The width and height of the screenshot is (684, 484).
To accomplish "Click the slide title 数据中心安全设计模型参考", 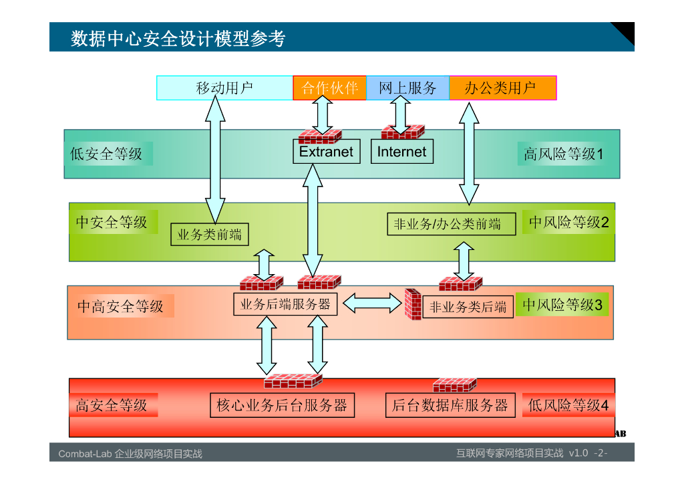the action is [178, 38].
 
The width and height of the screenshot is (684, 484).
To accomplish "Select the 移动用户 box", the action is [224, 88].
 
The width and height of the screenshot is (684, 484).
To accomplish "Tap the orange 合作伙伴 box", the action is [329, 88].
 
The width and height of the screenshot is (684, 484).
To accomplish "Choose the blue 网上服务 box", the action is [407, 88].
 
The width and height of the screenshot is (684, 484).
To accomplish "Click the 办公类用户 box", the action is [503, 88].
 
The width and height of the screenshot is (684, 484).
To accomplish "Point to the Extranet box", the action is [326, 152].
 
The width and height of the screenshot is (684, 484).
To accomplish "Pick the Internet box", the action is [401, 152].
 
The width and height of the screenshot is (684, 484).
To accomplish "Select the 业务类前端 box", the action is [209, 235].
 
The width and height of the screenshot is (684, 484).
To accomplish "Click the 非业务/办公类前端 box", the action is [452, 224].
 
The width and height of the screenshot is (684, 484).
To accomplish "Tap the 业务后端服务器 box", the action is [285, 304].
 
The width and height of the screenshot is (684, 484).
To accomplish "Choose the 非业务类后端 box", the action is [468, 307].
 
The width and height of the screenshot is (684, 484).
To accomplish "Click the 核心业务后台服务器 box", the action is [283, 405].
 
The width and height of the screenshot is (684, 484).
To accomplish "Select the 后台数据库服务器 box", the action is [450, 405].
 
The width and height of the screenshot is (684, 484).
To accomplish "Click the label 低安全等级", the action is [106, 154].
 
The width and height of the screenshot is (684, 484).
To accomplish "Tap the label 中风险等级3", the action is [562, 304].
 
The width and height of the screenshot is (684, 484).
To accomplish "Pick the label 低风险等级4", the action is [568, 405].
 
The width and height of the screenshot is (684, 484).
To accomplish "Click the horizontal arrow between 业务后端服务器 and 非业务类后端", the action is [372, 304].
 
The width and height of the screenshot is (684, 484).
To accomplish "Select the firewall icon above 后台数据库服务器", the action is [454, 385].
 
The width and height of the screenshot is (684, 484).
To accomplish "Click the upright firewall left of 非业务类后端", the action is [413, 304].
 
